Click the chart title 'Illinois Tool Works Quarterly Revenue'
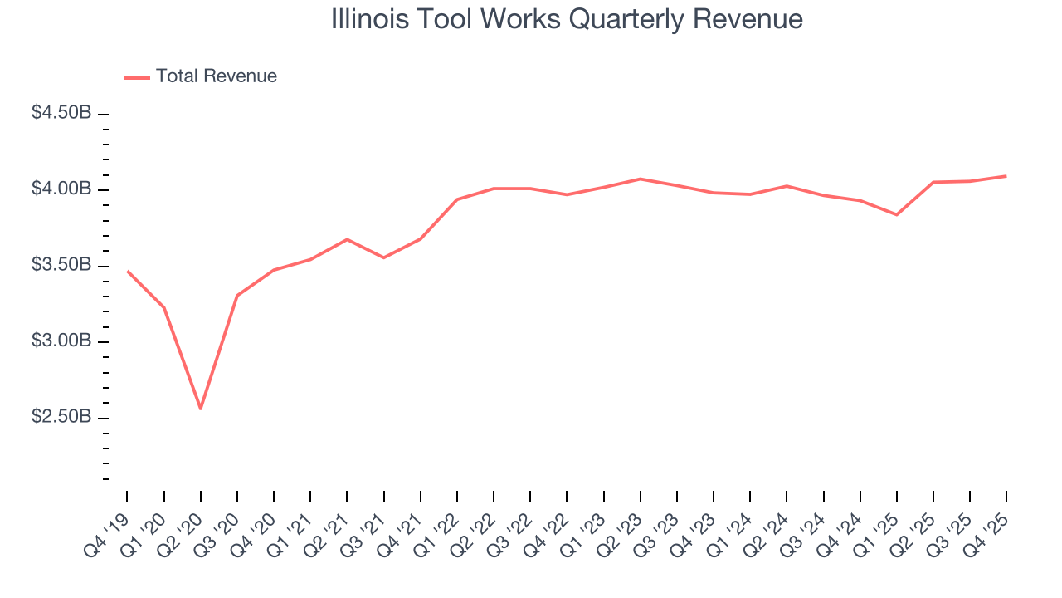pos(567,19)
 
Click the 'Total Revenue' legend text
pos(216,76)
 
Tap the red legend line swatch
pos(137,77)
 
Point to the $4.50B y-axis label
pos(61,113)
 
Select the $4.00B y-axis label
pos(61,189)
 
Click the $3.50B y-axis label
pos(61,266)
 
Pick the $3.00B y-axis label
pos(61,341)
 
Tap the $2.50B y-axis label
pos(61,417)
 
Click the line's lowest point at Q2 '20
pos(200,409)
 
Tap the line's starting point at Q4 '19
pos(127,271)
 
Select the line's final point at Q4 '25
pos(1006,176)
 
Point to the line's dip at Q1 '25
pos(896,215)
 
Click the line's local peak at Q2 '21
pos(347,239)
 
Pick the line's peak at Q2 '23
pos(640,179)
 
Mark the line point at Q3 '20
pos(237,295)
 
